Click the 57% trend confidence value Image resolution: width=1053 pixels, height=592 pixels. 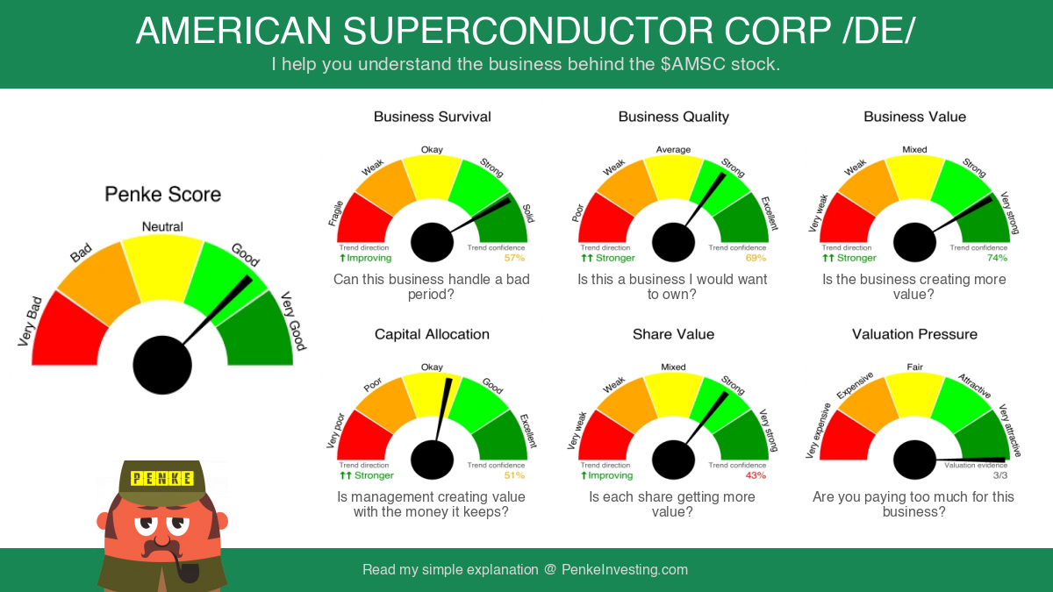pyautogui.click(x=514, y=258)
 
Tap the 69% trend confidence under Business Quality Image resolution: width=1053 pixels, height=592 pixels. pyautogui.click(x=756, y=258)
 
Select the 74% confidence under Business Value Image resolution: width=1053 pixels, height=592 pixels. pyautogui.click(x=997, y=258)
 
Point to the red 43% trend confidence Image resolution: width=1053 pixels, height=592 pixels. pyautogui.click(x=756, y=475)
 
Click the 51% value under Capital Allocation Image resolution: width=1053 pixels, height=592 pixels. pyautogui.click(x=514, y=475)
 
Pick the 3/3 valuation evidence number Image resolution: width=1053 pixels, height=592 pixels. pyautogui.click(x=1000, y=475)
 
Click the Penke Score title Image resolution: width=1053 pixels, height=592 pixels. pyautogui.click(x=162, y=195)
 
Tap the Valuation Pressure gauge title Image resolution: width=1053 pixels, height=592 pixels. pyautogui.click(x=914, y=334)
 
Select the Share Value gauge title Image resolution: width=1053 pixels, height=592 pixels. pyautogui.click(x=673, y=334)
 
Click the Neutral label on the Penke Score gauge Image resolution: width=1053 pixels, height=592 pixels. pyautogui.click(x=162, y=226)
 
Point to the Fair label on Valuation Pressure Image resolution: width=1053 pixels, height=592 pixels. pyautogui.click(x=914, y=367)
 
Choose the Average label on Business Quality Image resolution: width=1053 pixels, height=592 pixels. pyautogui.click(x=673, y=149)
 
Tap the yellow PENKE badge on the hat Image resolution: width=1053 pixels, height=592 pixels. pyautogui.click(x=162, y=478)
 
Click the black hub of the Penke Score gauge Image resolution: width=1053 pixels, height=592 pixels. pyautogui.click(x=162, y=365)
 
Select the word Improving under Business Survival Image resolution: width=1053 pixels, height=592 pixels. pyautogui.click(x=369, y=258)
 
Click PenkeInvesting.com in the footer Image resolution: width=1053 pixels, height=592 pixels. pyautogui.click(x=625, y=570)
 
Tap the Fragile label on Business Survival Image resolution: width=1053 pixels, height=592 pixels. pyautogui.click(x=335, y=213)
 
